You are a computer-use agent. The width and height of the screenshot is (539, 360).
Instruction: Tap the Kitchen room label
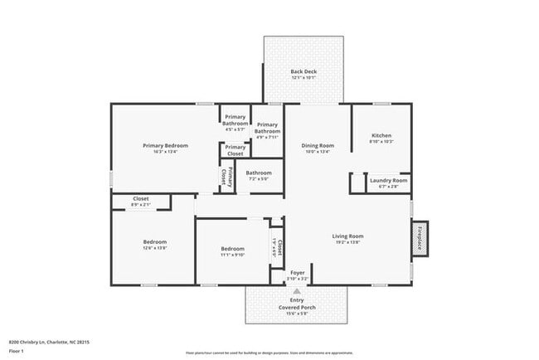(x=381, y=135)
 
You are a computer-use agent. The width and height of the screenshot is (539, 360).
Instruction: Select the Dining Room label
(x=317, y=145)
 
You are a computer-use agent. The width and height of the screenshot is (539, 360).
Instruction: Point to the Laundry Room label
(x=388, y=180)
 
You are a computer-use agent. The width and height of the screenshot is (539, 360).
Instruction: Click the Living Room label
(x=348, y=236)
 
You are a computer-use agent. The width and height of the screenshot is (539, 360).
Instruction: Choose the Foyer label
(x=297, y=272)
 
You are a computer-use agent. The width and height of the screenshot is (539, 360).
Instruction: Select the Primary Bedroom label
(x=164, y=145)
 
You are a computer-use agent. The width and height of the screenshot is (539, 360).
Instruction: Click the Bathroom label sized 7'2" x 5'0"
(x=259, y=173)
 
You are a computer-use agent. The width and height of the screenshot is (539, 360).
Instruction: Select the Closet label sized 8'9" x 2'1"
(x=140, y=198)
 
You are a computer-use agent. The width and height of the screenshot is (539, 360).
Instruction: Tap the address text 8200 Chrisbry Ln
(x=49, y=341)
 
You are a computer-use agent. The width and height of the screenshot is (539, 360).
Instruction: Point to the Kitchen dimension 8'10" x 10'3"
(x=381, y=142)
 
